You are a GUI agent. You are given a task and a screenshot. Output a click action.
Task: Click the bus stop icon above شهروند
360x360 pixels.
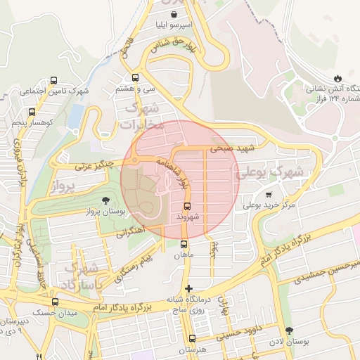[188, 206]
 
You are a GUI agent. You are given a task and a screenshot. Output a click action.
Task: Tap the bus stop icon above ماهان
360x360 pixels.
[184, 244]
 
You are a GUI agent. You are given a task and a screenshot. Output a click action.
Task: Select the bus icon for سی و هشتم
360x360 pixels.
[134, 78]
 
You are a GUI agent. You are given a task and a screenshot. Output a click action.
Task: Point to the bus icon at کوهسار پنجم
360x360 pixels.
[32, 112]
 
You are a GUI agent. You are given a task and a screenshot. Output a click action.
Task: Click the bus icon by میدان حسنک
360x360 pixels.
[56, 302]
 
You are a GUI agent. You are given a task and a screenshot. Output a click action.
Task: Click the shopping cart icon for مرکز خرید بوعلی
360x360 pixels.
[269, 194]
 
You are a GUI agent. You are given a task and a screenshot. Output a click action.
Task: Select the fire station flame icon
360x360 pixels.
[337, 77]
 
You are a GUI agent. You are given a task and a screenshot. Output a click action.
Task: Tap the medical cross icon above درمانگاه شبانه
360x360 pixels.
[188, 288]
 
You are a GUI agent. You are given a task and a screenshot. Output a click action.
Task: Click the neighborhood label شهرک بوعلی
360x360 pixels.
[271, 172]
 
